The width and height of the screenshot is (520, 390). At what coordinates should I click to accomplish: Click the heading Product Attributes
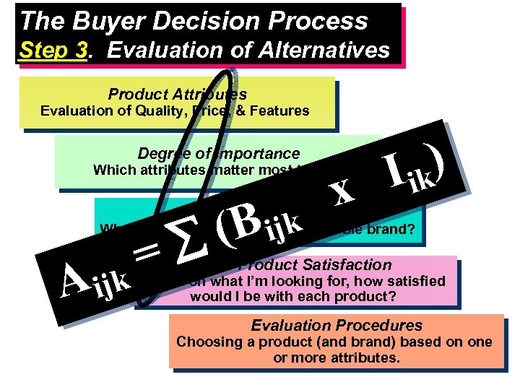point(177,94)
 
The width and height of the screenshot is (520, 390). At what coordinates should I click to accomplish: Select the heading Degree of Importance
point(218,153)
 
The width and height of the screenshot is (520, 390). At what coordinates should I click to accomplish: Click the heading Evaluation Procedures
point(337,325)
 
